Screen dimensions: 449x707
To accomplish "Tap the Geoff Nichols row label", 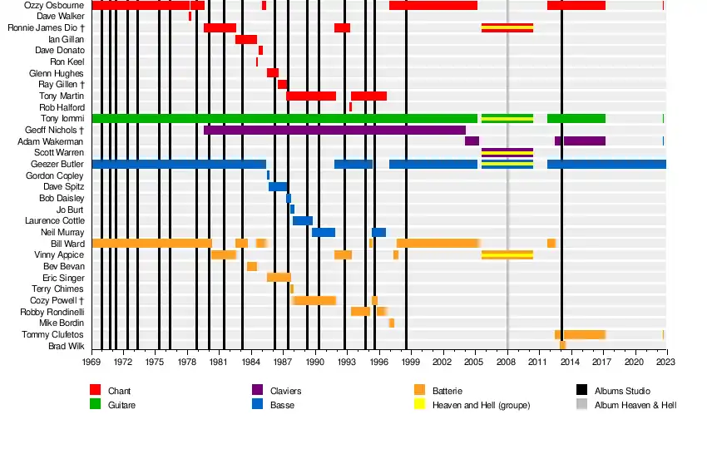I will pos(55,131).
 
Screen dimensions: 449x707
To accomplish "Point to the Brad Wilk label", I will pos(66,346).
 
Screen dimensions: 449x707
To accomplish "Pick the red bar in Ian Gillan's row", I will pos(246,39).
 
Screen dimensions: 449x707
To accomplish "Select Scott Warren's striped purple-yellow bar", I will pos(507,153).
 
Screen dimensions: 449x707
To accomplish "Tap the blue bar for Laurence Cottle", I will pos(303,221).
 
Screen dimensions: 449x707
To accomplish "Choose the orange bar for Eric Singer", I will pos(279,277).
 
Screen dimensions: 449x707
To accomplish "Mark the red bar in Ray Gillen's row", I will pos(283,84).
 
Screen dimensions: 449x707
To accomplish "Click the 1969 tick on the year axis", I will pos(91,363).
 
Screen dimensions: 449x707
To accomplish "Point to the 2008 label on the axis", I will pos(507,363).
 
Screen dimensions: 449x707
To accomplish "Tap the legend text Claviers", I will pos(285,391).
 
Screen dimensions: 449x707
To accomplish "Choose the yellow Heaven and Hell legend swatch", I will pos(420,405).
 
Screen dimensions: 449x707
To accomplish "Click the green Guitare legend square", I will pos(96,405).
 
